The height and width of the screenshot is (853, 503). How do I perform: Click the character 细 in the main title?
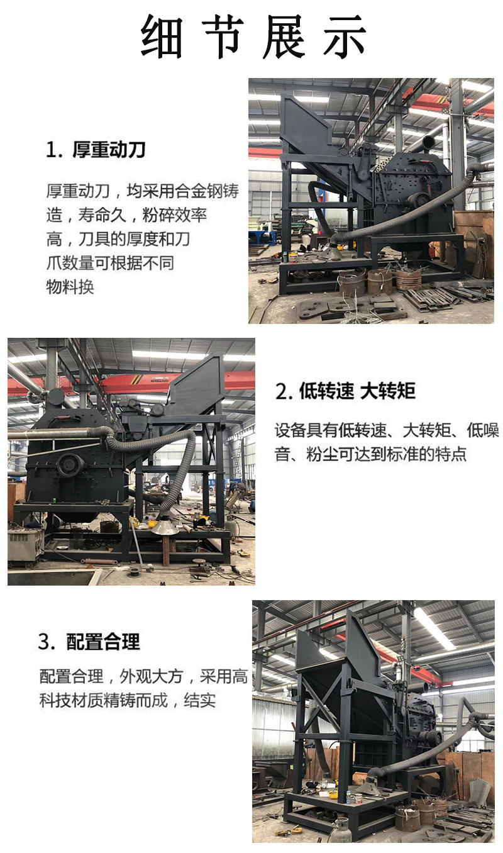point(162,36)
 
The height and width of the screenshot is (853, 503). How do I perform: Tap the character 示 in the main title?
point(345,36)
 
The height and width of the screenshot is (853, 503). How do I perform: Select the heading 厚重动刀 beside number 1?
point(109,149)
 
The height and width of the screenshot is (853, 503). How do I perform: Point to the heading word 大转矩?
point(388,391)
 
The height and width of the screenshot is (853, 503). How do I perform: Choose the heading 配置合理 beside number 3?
point(103,642)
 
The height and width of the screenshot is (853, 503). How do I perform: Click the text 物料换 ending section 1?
point(70,287)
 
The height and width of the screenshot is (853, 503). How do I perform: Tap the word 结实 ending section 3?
point(200,700)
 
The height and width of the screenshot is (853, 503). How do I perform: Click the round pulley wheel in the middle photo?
point(70,464)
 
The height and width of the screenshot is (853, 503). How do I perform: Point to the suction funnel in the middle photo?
point(165,527)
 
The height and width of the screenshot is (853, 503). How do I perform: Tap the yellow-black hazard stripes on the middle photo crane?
point(136,379)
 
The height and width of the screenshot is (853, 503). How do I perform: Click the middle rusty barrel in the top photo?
point(379,281)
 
